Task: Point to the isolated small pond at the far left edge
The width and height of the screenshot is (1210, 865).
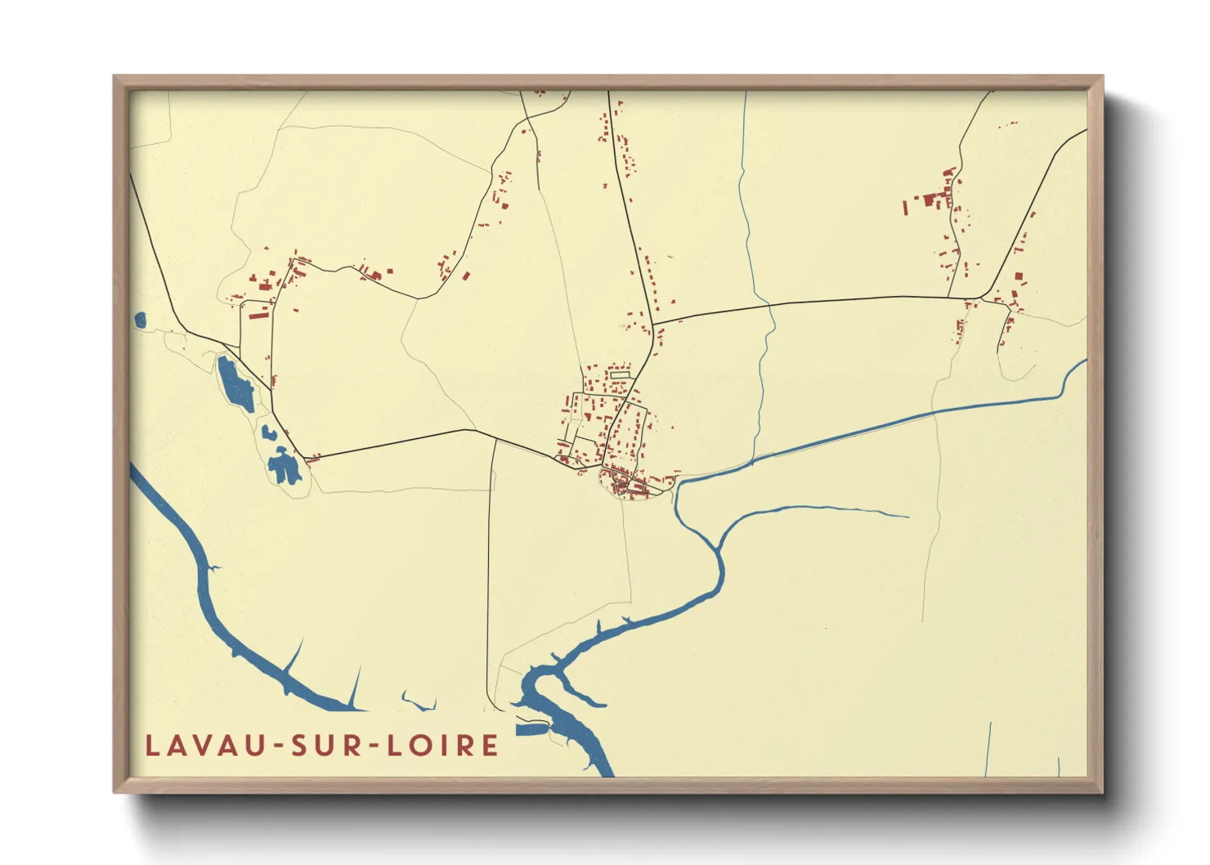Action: click(x=139, y=320)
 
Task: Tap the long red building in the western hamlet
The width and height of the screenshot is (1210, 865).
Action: click(x=258, y=313)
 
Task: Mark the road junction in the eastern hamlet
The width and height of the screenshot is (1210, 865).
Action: click(x=980, y=298)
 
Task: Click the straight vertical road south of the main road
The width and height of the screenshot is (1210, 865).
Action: click(x=489, y=572)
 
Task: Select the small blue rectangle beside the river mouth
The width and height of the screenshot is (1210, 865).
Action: click(x=530, y=729)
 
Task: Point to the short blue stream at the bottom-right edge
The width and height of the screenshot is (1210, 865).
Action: click(x=988, y=748)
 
